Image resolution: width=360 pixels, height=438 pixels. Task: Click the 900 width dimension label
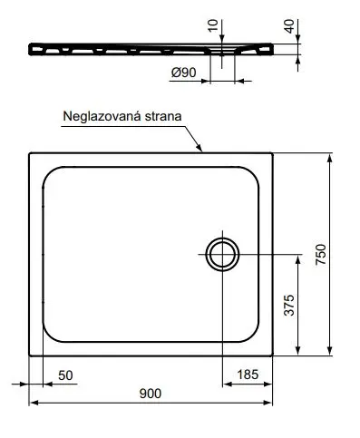point(151,394)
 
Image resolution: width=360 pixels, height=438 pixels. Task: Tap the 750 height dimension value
point(321,255)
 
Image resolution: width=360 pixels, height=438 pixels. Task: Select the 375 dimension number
point(289,305)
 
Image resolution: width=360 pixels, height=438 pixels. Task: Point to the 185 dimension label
point(248,375)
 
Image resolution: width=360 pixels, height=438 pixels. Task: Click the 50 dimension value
point(65,375)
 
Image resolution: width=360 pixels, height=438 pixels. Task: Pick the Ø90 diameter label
point(184,73)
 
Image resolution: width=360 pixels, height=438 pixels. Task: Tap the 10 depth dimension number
point(213,25)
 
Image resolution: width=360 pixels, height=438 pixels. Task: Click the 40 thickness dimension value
point(289,26)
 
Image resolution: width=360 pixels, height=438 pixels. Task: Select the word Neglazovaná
point(102,116)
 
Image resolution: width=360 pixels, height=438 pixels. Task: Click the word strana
point(163,116)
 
